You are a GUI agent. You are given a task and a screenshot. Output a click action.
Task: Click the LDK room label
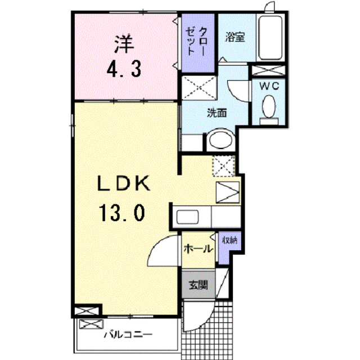tap(124, 183)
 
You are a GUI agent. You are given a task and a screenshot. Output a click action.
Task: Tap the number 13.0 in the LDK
tap(122, 213)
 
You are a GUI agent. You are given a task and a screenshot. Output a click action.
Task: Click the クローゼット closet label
tap(196, 41)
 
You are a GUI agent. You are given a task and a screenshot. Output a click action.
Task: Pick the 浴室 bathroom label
tap(235, 37)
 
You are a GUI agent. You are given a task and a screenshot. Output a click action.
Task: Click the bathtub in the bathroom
tap(271, 38)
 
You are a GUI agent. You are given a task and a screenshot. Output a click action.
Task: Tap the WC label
tap(269, 86)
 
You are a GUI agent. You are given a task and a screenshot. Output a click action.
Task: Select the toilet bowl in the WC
tap(269, 107)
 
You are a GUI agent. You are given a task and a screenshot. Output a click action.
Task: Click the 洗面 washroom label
tap(217, 112)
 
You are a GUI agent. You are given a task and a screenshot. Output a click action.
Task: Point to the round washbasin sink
tap(221, 140)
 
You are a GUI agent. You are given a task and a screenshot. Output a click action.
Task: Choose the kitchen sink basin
tap(187, 217)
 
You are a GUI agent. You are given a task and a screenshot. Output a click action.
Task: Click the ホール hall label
tap(199, 249)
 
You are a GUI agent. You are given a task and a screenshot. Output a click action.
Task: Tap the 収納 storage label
tap(229, 240)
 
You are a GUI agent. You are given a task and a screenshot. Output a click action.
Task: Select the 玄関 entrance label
tap(199, 285)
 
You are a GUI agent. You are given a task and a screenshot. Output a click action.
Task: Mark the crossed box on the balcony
tap(91, 325)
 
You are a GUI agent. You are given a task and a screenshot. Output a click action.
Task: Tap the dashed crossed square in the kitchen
tap(224, 166)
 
